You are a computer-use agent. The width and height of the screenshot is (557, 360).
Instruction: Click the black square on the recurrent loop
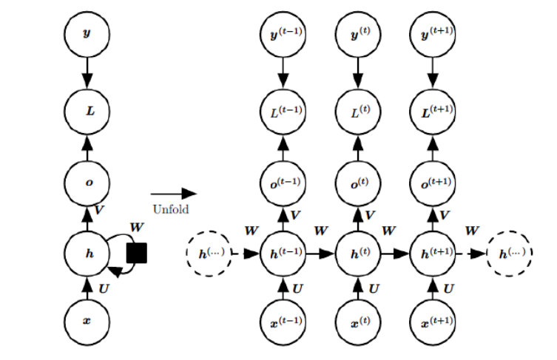tap(137, 253)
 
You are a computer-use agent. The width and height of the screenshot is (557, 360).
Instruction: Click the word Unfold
tap(171, 209)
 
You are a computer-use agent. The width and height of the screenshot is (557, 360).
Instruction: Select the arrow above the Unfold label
tap(174, 194)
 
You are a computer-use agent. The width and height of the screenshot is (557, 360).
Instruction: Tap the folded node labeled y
tap(87, 35)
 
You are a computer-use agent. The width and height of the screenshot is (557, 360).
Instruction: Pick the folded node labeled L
tap(87, 112)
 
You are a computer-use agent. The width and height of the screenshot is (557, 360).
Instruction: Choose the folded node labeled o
tap(87, 183)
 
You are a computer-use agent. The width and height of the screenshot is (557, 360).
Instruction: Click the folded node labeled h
tap(87, 253)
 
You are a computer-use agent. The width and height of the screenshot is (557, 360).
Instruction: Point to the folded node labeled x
tap(87, 322)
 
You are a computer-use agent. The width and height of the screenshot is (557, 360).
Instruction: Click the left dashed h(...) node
tap(209, 253)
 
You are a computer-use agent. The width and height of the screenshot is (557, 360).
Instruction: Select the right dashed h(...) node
tap(510, 253)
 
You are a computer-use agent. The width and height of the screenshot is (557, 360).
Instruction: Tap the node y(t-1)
tap(283, 35)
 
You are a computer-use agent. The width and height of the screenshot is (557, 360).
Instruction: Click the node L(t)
tap(358, 112)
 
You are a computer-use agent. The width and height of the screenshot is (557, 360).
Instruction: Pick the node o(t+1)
tap(433, 183)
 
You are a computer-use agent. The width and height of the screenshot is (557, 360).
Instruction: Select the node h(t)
tap(358, 253)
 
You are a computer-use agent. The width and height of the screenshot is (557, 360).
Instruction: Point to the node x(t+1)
tap(433, 322)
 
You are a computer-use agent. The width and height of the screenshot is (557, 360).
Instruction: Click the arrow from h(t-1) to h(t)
tap(320, 254)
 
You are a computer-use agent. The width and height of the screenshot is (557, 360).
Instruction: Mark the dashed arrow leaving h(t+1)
tap(471, 254)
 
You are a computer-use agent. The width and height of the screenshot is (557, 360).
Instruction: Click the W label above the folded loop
tap(137, 227)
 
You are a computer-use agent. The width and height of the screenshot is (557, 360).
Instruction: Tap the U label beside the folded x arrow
tap(104, 288)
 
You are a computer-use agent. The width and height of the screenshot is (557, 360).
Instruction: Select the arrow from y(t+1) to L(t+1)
tap(433, 72)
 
